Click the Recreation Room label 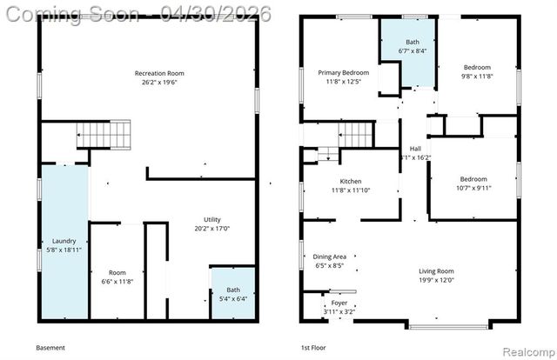(158, 73)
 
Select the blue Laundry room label (64, 241)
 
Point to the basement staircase (104, 136)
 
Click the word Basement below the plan (50, 348)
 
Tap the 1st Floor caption (313, 348)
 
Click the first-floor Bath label (412, 42)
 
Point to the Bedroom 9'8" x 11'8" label (476, 68)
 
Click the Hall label (415, 149)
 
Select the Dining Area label (330, 257)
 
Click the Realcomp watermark (528, 352)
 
